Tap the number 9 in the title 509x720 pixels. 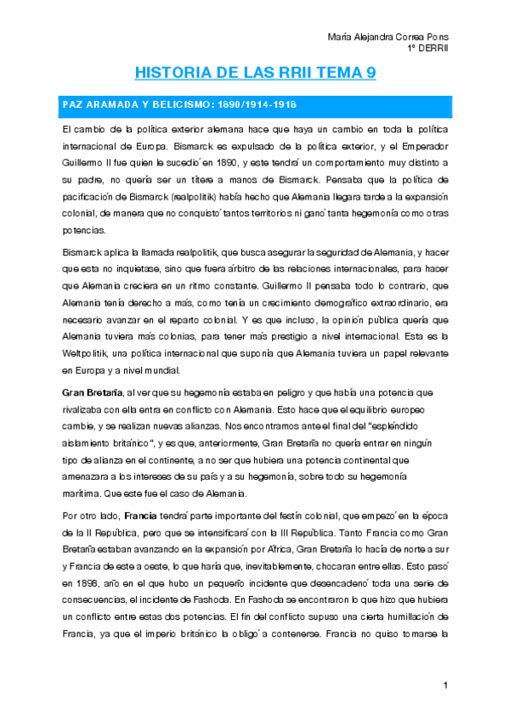[370, 74]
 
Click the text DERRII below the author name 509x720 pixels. [436, 48]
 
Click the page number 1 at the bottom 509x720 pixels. [444, 685]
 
